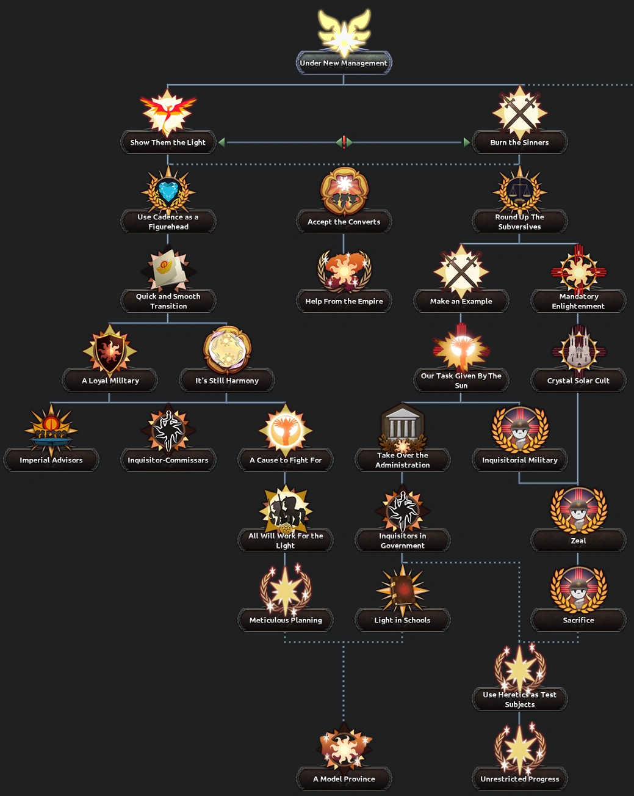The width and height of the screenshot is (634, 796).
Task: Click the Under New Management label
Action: [x=344, y=63]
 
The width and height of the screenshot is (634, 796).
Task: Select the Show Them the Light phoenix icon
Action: [x=168, y=112]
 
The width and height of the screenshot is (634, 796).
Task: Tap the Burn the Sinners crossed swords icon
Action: [x=519, y=112]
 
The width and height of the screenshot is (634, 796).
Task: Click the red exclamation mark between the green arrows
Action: [x=344, y=142]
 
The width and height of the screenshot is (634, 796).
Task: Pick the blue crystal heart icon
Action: [x=168, y=191]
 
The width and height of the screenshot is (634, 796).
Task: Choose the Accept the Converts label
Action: [x=344, y=222]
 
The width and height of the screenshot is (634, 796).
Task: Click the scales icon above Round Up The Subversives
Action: [x=519, y=191]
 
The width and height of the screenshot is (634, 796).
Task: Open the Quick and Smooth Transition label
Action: [x=168, y=301]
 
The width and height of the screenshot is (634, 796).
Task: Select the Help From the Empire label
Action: [x=344, y=301]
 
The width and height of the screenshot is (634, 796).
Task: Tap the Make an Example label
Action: [x=461, y=301]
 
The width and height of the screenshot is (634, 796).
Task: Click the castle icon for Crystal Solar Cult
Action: [x=578, y=350]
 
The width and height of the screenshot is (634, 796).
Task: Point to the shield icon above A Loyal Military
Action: [x=110, y=350]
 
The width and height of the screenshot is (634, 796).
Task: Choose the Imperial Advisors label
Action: [x=51, y=460]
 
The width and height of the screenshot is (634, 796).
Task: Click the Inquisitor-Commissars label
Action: [x=168, y=460]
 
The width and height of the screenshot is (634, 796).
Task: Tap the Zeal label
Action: [x=578, y=541]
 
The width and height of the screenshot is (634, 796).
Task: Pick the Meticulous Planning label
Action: [x=286, y=620]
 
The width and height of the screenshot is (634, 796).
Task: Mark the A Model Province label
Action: [x=344, y=779]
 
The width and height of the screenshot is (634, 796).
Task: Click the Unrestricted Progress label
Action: [x=519, y=779]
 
